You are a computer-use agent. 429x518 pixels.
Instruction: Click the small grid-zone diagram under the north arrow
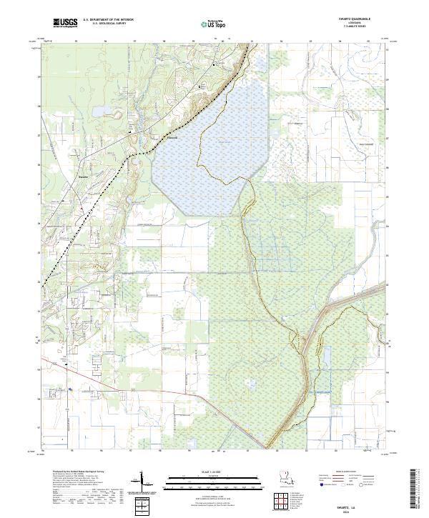(144, 506)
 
